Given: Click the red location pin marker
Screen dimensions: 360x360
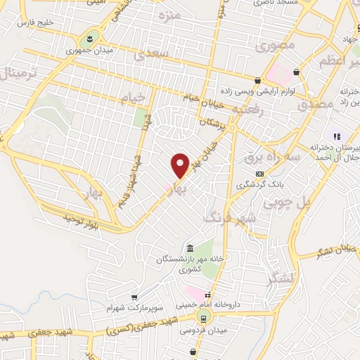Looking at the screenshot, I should coord(181,165).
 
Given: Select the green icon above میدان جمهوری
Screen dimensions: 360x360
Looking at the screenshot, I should coord(91,37).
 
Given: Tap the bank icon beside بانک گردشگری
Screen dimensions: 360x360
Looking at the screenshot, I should coord(259,173).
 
